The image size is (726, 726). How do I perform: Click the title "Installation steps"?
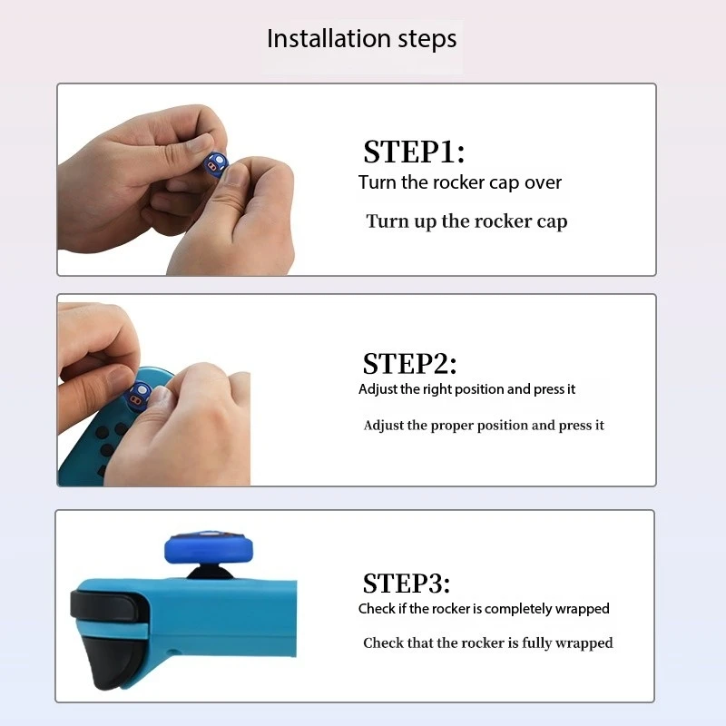[x=361, y=39]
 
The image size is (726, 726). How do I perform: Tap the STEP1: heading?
[x=414, y=152]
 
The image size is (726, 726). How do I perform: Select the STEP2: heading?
[x=409, y=364]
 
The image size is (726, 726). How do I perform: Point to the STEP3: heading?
[x=406, y=583]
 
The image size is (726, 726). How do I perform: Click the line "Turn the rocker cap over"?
[x=460, y=182]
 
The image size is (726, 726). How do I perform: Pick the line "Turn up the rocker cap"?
[x=466, y=221]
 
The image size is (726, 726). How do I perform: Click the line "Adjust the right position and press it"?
[x=466, y=389]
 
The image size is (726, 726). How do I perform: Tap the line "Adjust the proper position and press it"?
[x=484, y=426]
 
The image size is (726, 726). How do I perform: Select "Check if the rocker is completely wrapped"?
[x=484, y=609]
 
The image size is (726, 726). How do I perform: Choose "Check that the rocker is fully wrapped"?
[x=487, y=643]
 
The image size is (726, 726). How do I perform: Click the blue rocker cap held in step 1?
[x=215, y=164]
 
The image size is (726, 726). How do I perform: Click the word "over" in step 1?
[x=543, y=183]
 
